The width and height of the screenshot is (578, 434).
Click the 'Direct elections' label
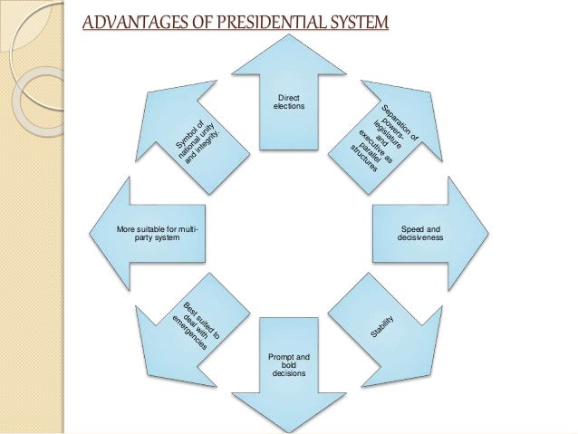289,101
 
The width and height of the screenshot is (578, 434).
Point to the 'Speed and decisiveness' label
419,234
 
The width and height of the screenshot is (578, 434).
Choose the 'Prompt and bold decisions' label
289,364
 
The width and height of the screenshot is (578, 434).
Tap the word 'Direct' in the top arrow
289,96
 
